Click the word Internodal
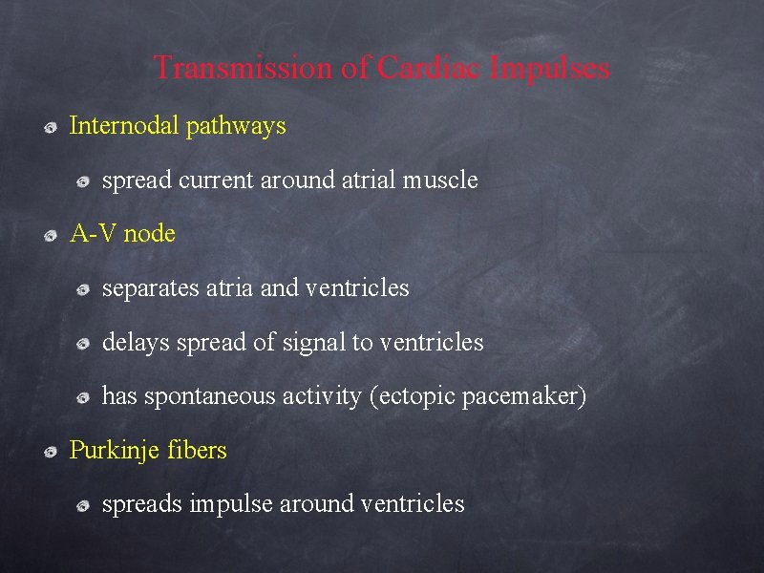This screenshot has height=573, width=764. pos(125,125)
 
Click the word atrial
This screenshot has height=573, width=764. pos(371,180)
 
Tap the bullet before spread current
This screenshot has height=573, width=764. pos(84,181)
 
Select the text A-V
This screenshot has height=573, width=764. pos(95,234)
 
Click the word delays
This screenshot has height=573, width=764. pos(133,342)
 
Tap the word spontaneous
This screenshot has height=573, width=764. pos(209,396)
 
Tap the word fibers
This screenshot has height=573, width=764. pos(197,450)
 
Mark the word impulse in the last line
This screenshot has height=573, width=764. pos(231,504)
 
